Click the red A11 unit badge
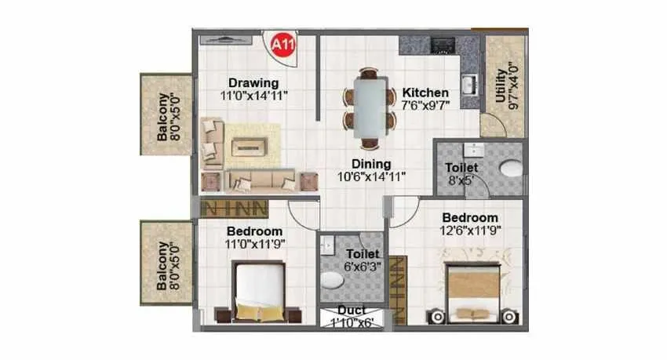[279, 45]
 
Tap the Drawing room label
[253, 83]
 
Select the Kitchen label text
[426, 92]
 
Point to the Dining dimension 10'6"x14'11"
[371, 176]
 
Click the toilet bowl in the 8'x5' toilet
[511, 167]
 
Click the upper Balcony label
[163, 116]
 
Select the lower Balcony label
[163, 264]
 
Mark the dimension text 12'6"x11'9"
[470, 230]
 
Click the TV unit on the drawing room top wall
[228, 37]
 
